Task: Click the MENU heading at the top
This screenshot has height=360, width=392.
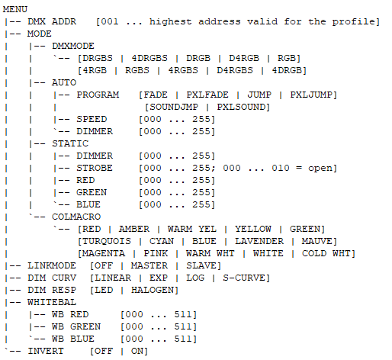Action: [15, 9]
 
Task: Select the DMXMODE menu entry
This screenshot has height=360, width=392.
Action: [73, 46]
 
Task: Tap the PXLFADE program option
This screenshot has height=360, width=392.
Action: [207, 95]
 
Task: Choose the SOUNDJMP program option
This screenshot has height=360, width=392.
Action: [174, 107]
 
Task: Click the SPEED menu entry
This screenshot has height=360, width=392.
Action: [92, 119]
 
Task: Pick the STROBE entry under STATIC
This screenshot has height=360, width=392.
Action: [95, 168]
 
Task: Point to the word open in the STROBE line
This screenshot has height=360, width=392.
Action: [320, 169]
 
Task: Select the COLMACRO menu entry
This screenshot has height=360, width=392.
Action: [76, 217]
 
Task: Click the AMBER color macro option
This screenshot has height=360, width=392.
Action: [134, 229]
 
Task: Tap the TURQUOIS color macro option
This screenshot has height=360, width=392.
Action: [107, 241]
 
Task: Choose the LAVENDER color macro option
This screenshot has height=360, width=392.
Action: [259, 241]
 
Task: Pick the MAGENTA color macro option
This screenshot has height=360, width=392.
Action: [104, 253]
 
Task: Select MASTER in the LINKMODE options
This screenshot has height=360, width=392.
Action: [149, 265]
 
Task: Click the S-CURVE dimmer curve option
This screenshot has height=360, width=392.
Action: [244, 278]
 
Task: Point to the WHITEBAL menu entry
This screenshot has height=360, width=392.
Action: [52, 302]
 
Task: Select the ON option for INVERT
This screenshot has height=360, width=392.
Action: [137, 351]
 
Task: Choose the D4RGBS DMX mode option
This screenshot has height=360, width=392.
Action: [235, 70]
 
